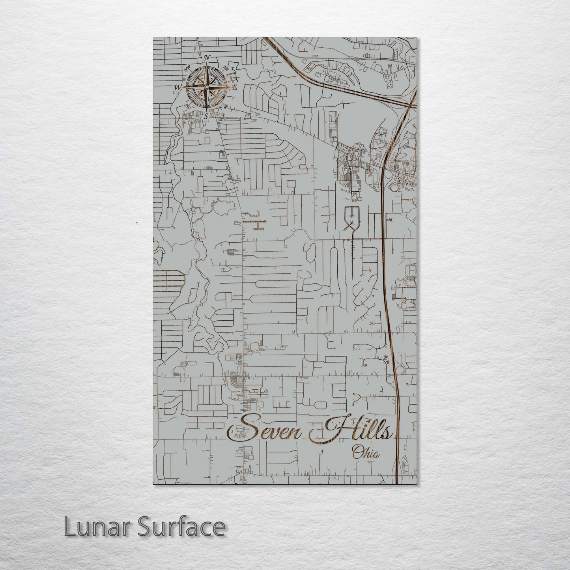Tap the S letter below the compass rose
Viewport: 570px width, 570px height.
206,116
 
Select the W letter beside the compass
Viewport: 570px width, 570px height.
178,87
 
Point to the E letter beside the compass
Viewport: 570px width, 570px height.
234,87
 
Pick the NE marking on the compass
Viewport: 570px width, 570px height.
226,67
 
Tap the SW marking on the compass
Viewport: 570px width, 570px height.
187,106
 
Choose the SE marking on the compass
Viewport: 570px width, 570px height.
225,106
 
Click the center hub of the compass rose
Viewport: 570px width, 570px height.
206,86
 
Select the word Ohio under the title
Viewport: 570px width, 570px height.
366,453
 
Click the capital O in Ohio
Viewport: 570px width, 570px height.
358,453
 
